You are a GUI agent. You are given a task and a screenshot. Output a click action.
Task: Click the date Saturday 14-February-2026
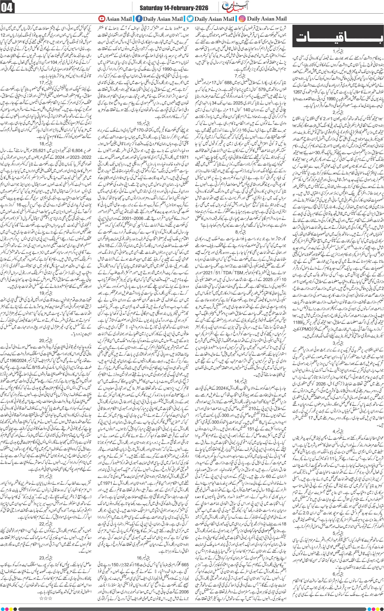(x=174, y=8)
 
